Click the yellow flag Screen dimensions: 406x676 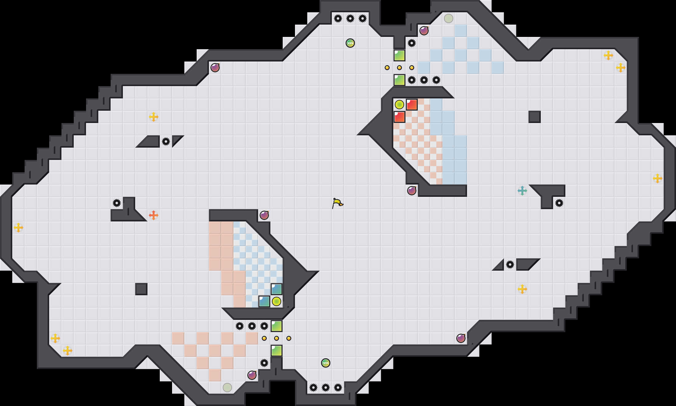click(337, 203)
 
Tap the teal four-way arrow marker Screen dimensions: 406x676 click(522, 191)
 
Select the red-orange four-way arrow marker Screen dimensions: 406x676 click(154, 215)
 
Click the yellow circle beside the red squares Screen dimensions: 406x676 click(399, 105)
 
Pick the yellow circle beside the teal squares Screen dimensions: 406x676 click(277, 301)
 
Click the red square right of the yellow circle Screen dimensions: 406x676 click(412, 105)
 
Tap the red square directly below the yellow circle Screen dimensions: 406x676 click(399, 117)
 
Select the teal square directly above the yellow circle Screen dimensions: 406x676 click(277, 289)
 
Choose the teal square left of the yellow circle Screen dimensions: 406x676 click(264, 301)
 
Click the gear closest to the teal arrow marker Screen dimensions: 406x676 click(559, 203)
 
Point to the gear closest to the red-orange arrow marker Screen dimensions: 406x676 click(117, 203)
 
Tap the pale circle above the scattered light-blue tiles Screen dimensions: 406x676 click(449, 18)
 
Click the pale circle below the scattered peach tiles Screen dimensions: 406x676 click(227, 388)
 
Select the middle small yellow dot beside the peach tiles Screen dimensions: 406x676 click(277, 338)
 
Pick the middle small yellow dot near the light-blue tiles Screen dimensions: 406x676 click(399, 68)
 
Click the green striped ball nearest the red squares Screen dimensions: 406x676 click(350, 43)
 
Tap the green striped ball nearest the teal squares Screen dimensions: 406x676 click(326, 363)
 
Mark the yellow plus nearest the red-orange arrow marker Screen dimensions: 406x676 click(154, 117)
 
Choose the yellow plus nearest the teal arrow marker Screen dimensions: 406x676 click(522, 289)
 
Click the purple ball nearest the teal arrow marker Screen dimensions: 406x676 click(412, 191)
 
